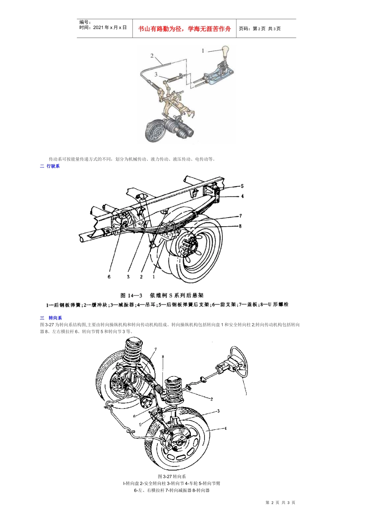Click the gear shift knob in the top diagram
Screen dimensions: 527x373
(x=225, y=52)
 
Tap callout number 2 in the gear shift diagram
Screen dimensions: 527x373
(x=152, y=56)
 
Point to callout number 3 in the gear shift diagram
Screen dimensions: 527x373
(x=156, y=74)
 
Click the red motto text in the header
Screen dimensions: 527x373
(x=185, y=29)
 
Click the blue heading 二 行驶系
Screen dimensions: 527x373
(x=50, y=166)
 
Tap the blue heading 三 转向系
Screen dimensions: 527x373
(x=51, y=318)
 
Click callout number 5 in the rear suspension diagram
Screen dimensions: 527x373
(x=242, y=186)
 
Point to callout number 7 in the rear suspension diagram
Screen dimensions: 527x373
(x=241, y=216)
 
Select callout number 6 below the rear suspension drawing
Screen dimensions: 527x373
(x=109, y=277)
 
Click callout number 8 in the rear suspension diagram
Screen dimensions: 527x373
(x=240, y=226)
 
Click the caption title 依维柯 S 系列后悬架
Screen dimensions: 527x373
(x=177, y=296)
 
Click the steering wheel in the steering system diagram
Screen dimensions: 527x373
(x=239, y=363)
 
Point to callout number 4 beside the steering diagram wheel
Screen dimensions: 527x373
(x=225, y=429)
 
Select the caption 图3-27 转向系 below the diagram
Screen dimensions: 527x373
(x=172, y=476)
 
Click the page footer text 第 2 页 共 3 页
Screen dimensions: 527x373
(x=280, y=503)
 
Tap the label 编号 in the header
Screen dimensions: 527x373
(x=85, y=22)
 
